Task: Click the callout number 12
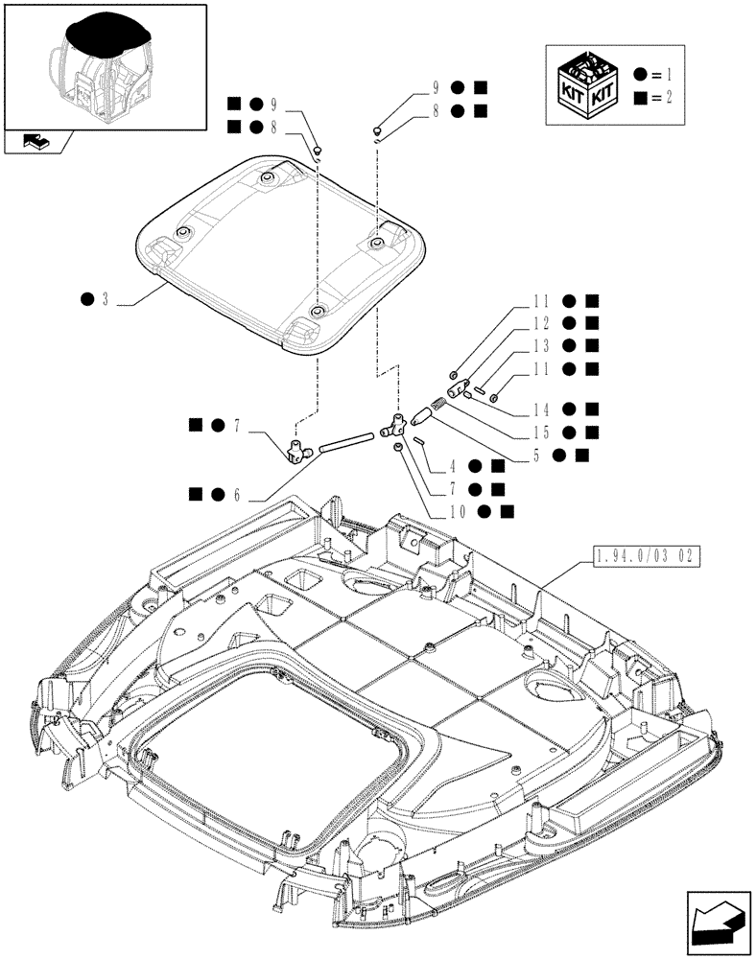(540, 323)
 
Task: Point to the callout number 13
(540, 345)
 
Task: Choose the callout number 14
(540, 409)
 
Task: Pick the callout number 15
(540, 432)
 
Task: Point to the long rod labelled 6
(345, 443)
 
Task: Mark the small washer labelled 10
(398, 448)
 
